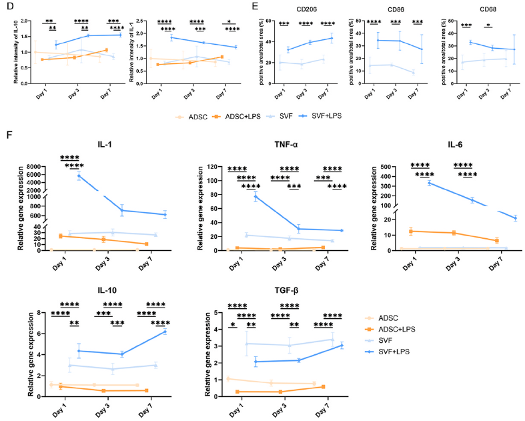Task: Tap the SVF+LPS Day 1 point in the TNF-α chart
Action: (255, 196)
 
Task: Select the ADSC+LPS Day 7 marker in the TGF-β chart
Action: (324, 386)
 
